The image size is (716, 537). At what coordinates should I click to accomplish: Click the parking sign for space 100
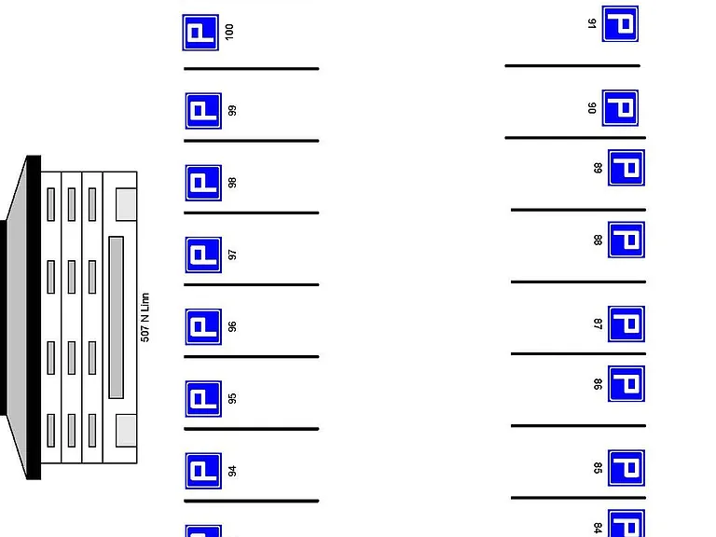[x=200, y=33]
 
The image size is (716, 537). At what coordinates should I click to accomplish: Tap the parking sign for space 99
[x=203, y=111]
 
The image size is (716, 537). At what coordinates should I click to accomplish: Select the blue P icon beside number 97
[x=203, y=255]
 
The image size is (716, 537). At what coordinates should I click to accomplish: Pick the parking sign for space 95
[x=203, y=399]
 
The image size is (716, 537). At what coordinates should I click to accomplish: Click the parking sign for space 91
[x=620, y=23]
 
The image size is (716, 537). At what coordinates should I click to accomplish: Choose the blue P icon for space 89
[x=626, y=168]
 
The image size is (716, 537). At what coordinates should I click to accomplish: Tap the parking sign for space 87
[x=626, y=324]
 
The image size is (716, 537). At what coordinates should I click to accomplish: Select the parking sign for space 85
[x=626, y=468]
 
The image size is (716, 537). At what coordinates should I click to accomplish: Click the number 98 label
[x=232, y=183]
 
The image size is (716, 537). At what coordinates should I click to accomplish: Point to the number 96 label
[x=232, y=326]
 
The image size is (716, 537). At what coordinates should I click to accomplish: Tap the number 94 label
[x=232, y=471]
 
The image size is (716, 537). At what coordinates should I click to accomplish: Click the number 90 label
[x=592, y=108]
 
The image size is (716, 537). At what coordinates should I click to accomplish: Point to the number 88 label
[x=598, y=240]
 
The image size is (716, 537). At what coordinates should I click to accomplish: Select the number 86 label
[x=598, y=384]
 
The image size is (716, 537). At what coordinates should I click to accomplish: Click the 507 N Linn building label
[x=145, y=317]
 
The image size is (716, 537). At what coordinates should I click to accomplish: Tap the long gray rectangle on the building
[x=116, y=317]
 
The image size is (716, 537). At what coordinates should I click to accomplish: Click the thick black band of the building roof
[x=34, y=317]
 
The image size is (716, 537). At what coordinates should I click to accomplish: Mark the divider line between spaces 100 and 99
[x=251, y=68]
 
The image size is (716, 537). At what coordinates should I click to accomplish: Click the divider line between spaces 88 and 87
[x=578, y=282]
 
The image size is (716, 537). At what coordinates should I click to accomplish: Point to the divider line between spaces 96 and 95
[x=251, y=357]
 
